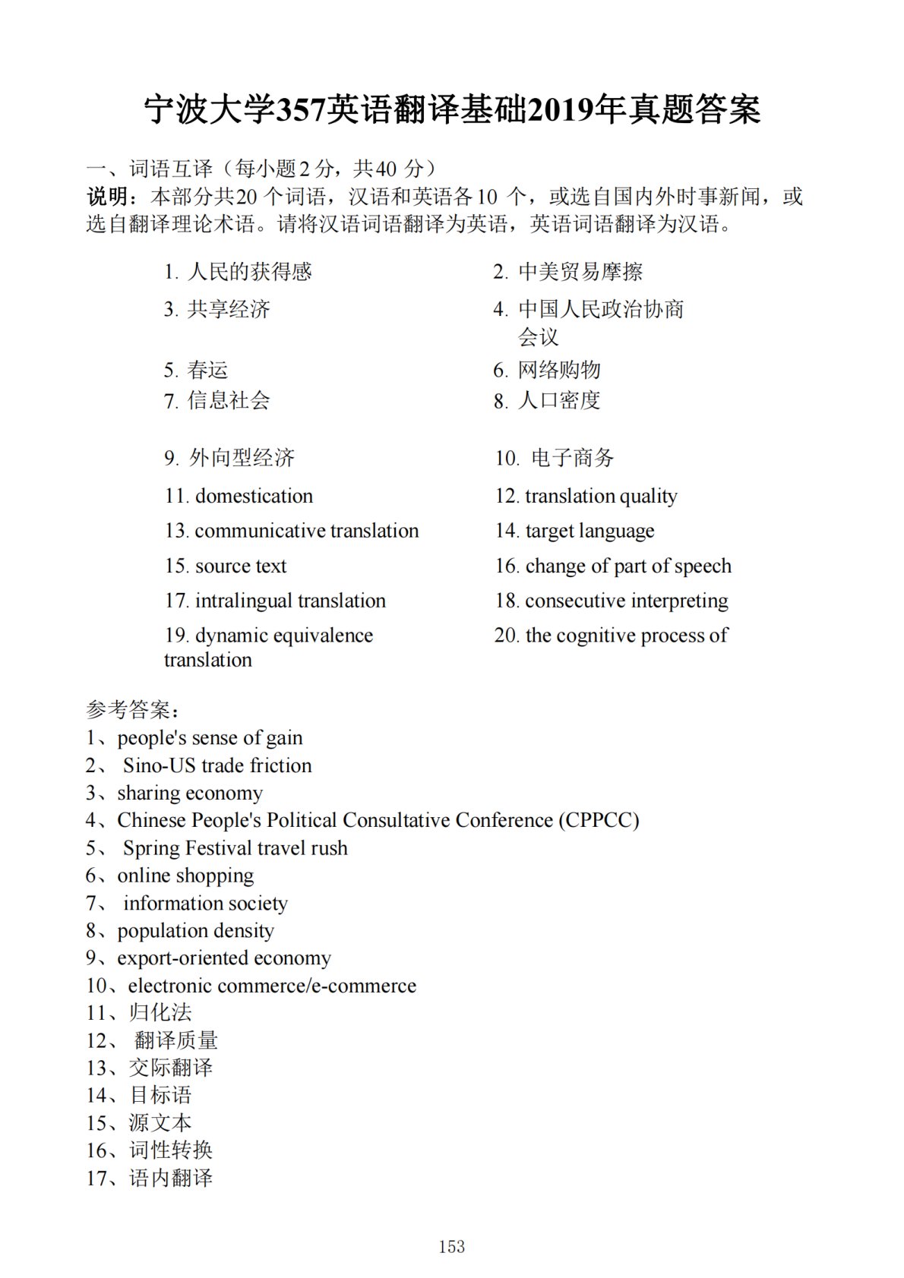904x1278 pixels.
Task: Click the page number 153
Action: [451, 1246]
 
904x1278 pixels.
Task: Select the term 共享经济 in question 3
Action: [229, 309]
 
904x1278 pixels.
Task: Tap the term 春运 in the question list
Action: [207, 370]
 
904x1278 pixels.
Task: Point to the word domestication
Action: [254, 496]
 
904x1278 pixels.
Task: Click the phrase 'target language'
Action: [589, 531]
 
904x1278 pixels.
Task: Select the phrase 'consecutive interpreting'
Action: [626, 601]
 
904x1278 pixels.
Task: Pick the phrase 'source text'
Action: [241, 566]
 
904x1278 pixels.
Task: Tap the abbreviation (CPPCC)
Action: [599, 820]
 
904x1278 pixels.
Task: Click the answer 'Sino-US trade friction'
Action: [217, 765]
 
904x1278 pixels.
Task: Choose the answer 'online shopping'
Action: [185, 876]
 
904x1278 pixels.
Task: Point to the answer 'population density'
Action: [195, 930]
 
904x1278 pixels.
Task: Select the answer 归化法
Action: [160, 1012]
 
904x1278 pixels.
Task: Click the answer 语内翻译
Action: [170, 1178]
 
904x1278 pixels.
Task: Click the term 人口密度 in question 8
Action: [559, 400]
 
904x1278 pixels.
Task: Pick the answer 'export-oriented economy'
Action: [224, 958]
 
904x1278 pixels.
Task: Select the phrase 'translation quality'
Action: [601, 496]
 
